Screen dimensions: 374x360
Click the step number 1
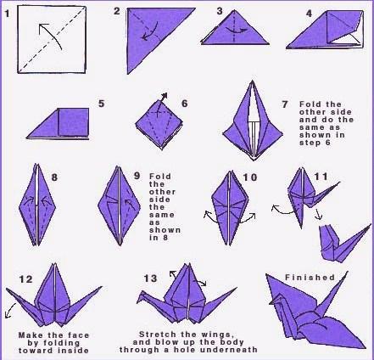(x=8, y=14)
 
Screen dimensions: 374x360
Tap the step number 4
(x=310, y=13)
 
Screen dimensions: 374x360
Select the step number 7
(x=285, y=104)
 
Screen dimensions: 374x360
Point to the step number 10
(x=250, y=177)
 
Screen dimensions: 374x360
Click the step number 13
(x=150, y=278)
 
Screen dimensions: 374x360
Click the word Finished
(x=310, y=278)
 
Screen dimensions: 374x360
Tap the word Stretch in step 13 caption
(x=156, y=335)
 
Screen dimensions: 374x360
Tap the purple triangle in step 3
(x=235, y=31)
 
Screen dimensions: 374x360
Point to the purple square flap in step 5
(x=73, y=121)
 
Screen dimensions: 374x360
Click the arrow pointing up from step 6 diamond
(x=162, y=104)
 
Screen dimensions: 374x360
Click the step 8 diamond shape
(x=37, y=205)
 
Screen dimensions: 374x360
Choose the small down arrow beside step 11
(x=318, y=215)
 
